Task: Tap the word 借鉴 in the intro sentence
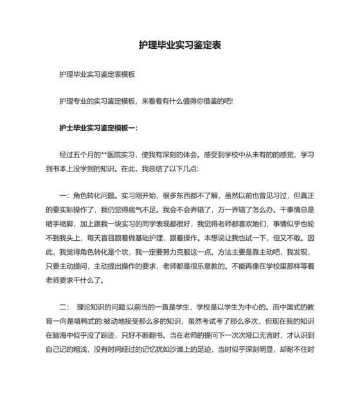212,101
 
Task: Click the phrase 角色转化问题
96,196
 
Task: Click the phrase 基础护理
156,238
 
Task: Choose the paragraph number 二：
64,306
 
